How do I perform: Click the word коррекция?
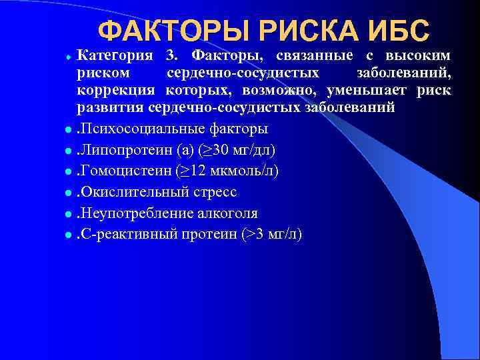pyautogui.click(x=115, y=90)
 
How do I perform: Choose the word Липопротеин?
pyautogui.click(x=119, y=149)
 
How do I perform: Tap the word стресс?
pyautogui.click(x=215, y=192)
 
